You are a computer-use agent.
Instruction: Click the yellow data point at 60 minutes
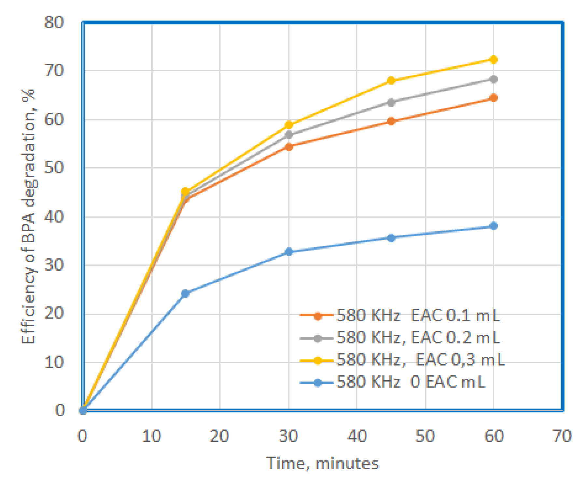(x=493, y=60)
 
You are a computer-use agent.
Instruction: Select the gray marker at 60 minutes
(x=493, y=79)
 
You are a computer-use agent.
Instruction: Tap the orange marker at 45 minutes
(x=391, y=121)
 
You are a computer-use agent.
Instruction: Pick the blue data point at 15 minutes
(x=185, y=293)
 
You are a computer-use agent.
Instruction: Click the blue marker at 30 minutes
(x=288, y=251)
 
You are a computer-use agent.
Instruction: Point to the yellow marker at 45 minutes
(x=391, y=80)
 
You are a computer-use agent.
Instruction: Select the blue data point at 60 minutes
(x=493, y=226)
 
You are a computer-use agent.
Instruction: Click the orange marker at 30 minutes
(x=288, y=147)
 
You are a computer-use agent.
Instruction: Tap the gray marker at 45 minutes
(x=391, y=102)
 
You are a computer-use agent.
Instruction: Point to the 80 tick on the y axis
(x=54, y=22)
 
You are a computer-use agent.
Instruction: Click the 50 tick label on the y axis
(x=54, y=168)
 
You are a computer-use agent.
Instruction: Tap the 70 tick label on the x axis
(x=562, y=436)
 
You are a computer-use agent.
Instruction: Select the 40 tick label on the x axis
(x=357, y=436)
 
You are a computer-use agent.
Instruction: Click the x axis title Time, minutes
(x=323, y=463)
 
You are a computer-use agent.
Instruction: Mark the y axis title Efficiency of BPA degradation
(x=29, y=216)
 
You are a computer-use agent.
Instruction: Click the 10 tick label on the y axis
(x=54, y=362)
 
